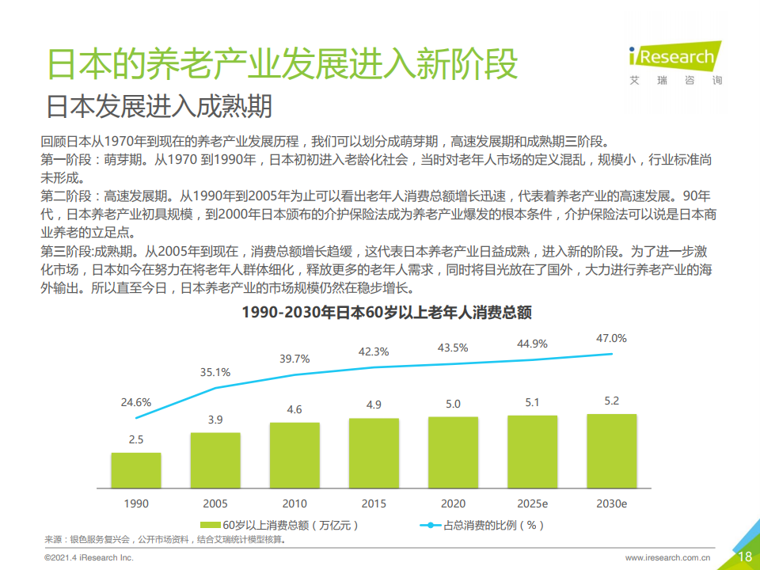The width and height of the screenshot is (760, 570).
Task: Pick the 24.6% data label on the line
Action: [136, 402]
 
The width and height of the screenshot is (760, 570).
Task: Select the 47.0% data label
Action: [611, 338]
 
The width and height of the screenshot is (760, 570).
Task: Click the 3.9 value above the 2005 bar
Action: [215, 420]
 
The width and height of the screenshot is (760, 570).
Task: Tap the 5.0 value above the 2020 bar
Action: [453, 404]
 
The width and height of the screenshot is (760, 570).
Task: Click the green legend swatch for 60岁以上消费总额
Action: [211, 524]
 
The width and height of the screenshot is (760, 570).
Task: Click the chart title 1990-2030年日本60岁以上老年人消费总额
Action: [386, 313]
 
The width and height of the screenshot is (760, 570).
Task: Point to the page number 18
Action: [744, 557]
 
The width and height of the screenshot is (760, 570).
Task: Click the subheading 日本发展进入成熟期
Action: [159, 106]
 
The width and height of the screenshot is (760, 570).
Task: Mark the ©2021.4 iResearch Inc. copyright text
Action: [89, 558]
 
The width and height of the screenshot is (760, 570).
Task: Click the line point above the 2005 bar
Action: [215, 388]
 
